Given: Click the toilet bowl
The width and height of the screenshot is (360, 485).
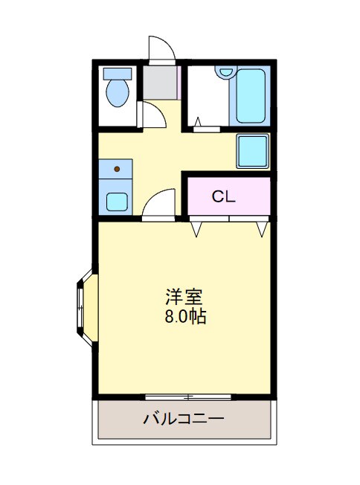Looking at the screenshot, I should (117, 94).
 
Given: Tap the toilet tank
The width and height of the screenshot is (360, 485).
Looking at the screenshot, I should (117, 73).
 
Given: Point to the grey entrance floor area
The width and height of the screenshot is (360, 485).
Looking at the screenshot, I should (161, 81).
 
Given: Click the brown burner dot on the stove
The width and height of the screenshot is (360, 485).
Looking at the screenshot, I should (116, 170).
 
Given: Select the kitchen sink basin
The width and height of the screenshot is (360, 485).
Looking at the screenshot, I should (116, 201).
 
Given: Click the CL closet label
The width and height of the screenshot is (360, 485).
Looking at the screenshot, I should (223, 197).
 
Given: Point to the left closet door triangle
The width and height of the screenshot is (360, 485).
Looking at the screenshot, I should (196, 229).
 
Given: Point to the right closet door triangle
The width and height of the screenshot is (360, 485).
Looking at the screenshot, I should (261, 229).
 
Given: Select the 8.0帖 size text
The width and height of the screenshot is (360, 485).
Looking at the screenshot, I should (185, 317).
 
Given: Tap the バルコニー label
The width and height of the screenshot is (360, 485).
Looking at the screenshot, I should (184, 418).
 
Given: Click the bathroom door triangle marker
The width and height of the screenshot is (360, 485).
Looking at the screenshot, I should (198, 121).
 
